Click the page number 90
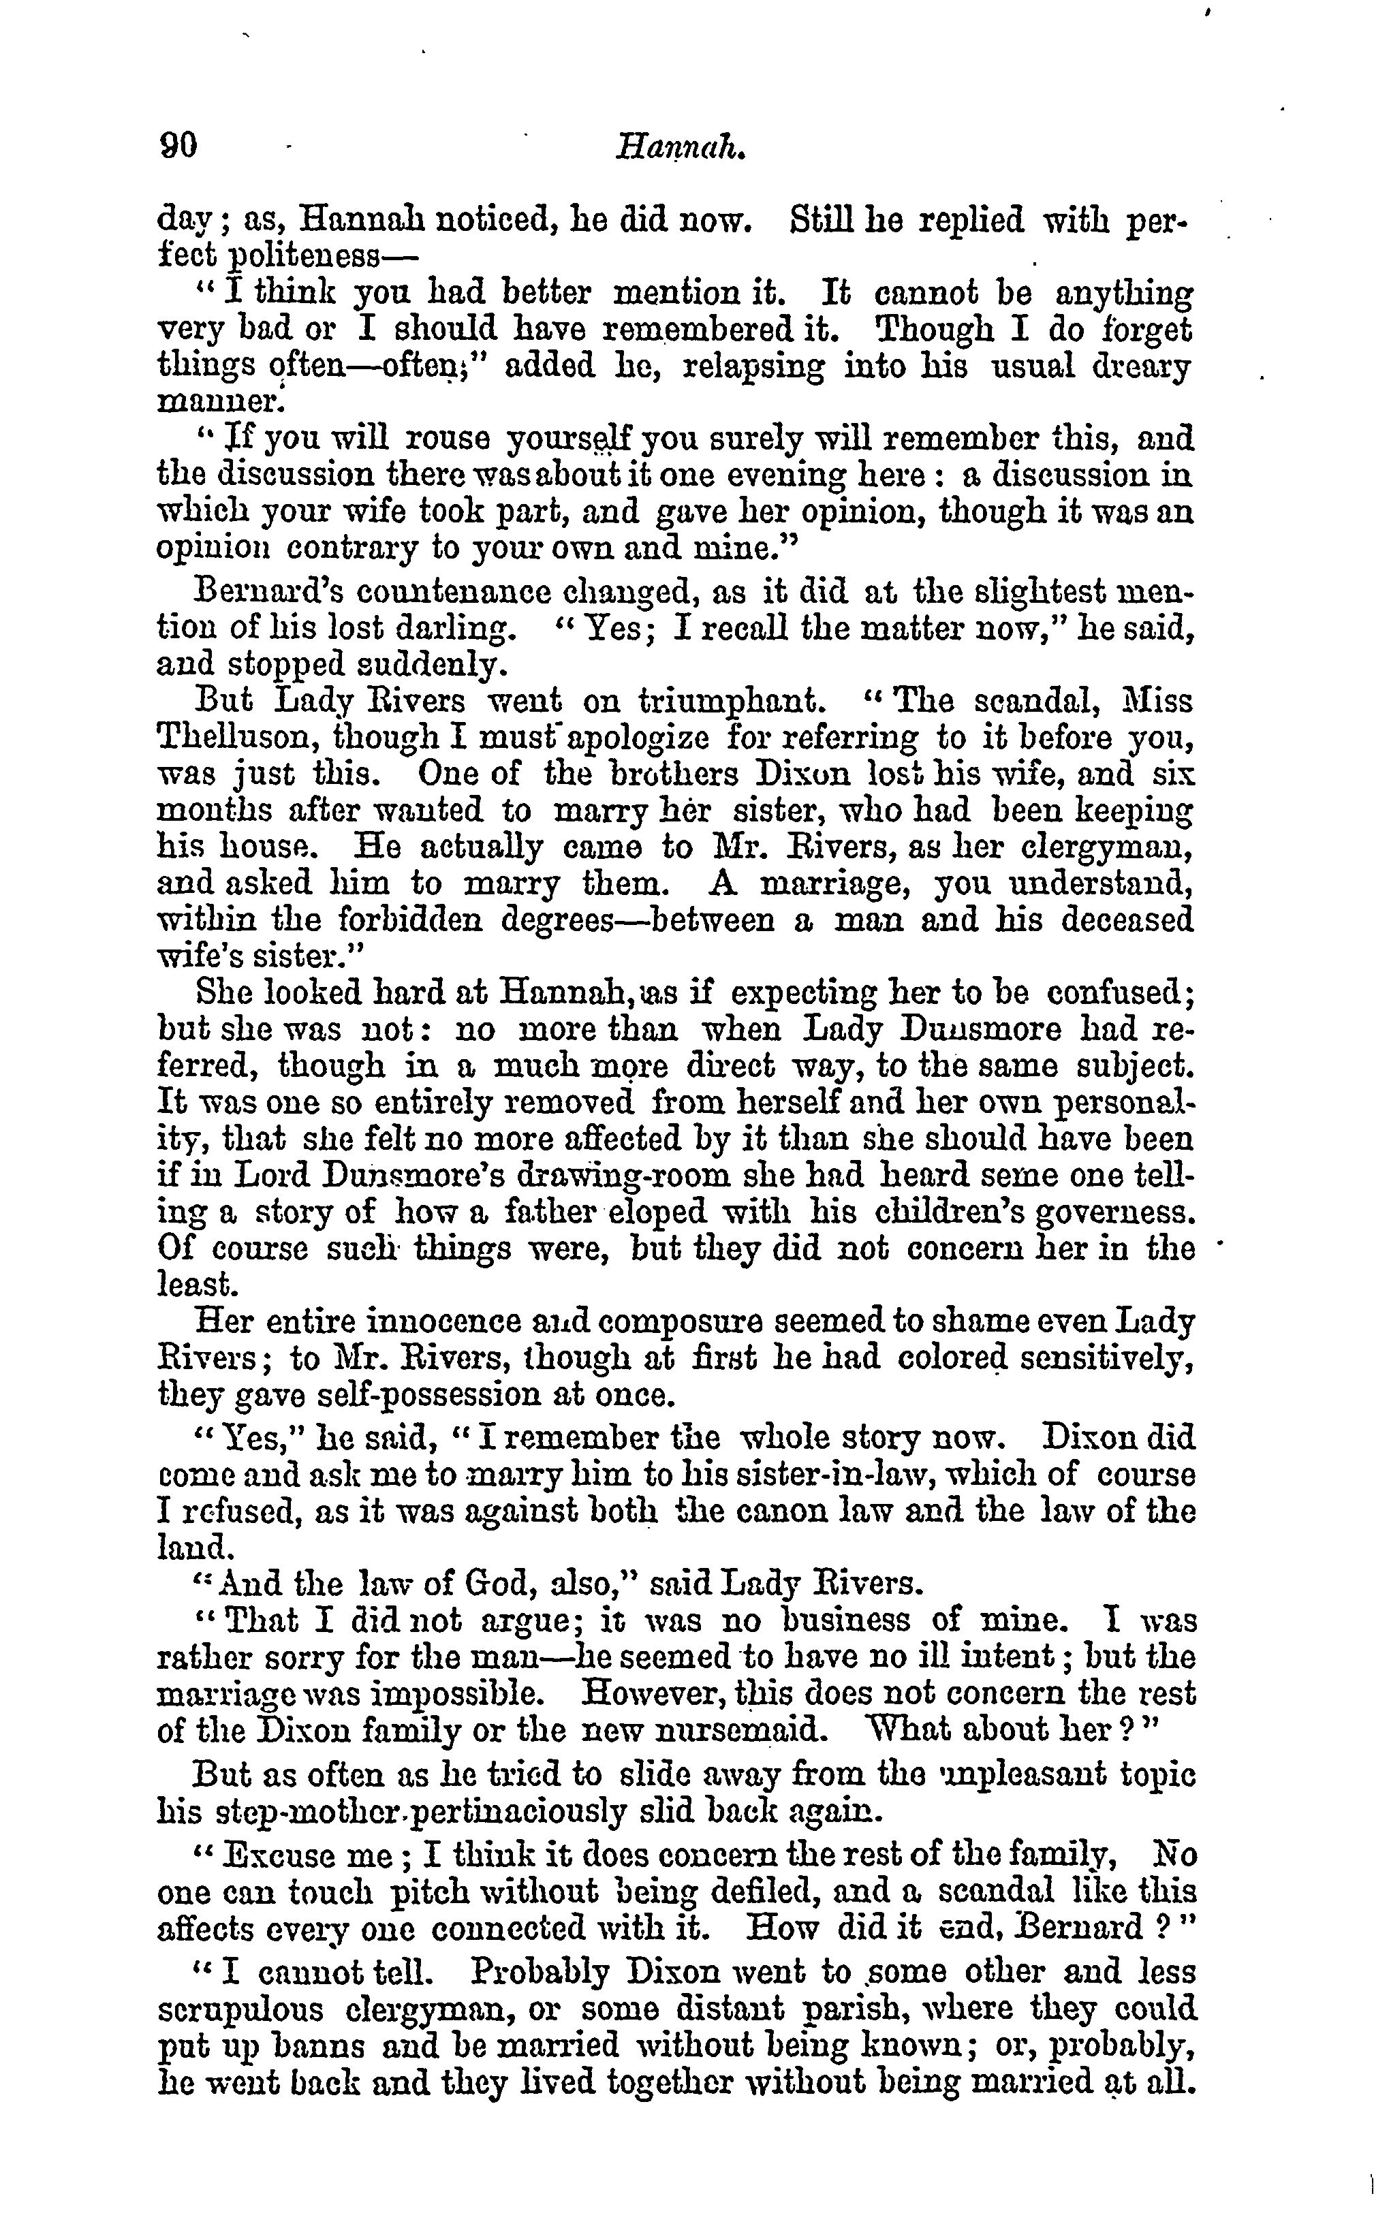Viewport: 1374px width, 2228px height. pos(178,144)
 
